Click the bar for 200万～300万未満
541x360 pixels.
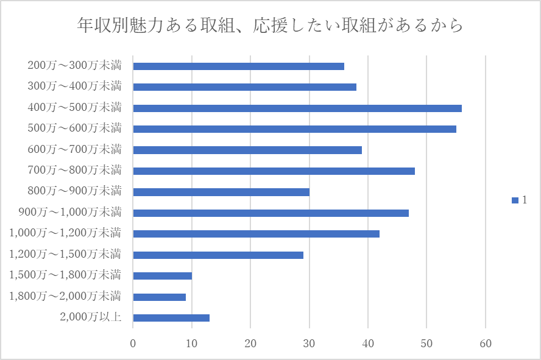coord(238,66)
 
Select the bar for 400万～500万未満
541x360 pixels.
coord(297,108)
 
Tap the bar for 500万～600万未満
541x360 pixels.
coord(294,129)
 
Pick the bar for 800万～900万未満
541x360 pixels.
coord(221,192)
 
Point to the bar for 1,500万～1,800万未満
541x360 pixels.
coord(163,276)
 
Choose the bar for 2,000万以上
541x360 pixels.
coord(171,317)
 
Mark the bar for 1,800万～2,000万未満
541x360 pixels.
coord(160,297)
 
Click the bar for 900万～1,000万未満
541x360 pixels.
coord(270,213)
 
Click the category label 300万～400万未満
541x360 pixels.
coord(74,86)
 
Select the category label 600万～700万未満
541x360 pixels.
coord(74,149)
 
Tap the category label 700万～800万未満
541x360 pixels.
coord(74,170)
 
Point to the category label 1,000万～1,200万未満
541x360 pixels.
coord(65,233)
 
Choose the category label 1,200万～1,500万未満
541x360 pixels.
coord(65,254)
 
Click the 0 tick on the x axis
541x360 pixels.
coord(133,343)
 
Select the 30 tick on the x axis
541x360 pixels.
coord(309,343)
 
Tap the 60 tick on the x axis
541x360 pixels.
coord(486,343)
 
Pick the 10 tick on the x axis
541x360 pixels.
coord(192,343)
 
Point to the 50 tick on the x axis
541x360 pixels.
coord(426,343)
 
